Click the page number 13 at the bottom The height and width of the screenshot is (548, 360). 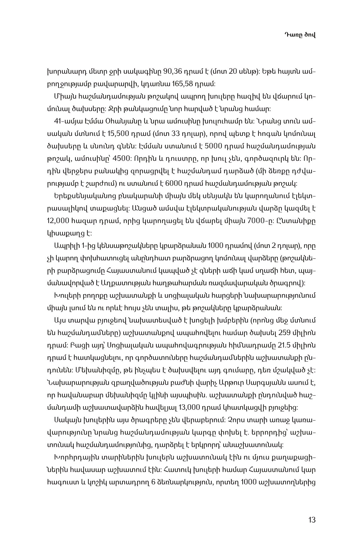[x=312, y=520]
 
